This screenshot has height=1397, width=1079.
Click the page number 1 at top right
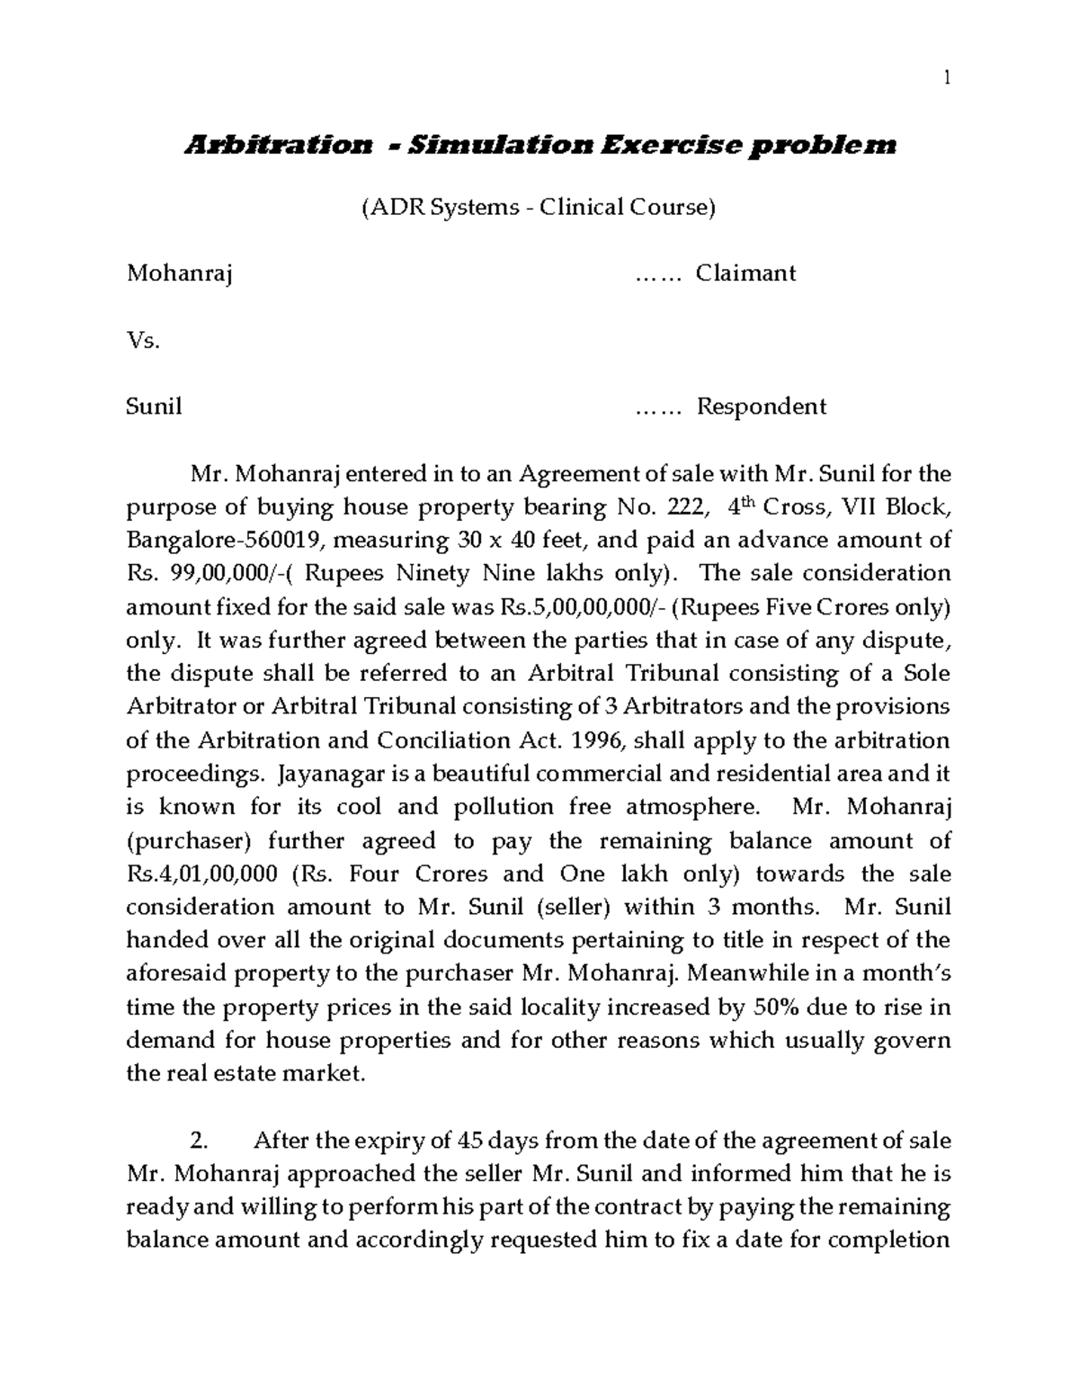(947, 78)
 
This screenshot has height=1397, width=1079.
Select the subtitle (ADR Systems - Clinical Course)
(538, 208)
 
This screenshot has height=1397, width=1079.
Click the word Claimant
(745, 273)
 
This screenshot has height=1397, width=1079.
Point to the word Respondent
(762, 407)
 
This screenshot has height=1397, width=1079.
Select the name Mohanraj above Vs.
(180, 273)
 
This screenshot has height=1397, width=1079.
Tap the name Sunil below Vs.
(154, 407)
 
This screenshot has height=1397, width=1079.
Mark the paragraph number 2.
(200, 1142)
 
